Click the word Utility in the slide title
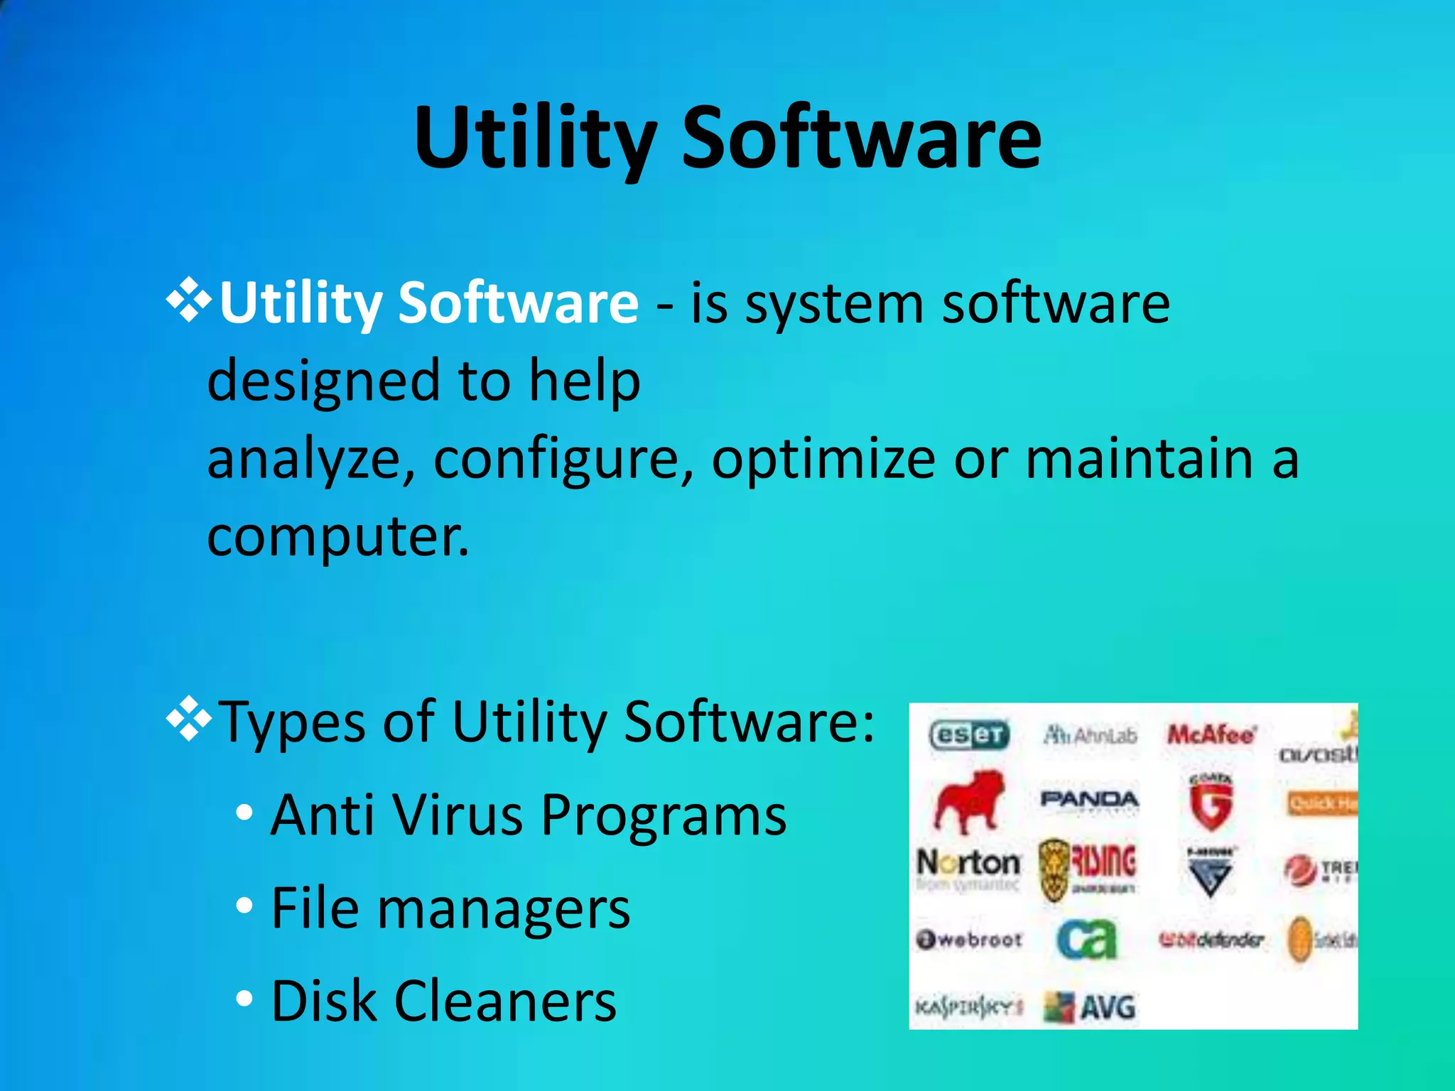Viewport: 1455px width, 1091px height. (x=534, y=139)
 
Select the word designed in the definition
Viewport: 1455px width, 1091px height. (x=323, y=381)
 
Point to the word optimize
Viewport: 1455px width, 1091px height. (x=823, y=459)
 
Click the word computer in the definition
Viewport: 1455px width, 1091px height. (x=337, y=536)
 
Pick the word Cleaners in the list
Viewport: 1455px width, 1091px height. (x=504, y=1001)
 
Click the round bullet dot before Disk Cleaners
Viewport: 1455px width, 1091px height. (x=244, y=999)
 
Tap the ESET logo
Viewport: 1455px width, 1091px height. (x=969, y=735)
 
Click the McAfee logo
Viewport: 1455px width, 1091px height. (x=1211, y=734)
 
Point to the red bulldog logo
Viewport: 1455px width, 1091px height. (x=969, y=800)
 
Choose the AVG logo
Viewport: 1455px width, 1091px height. (x=1091, y=1007)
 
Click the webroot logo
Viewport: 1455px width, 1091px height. (x=969, y=940)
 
